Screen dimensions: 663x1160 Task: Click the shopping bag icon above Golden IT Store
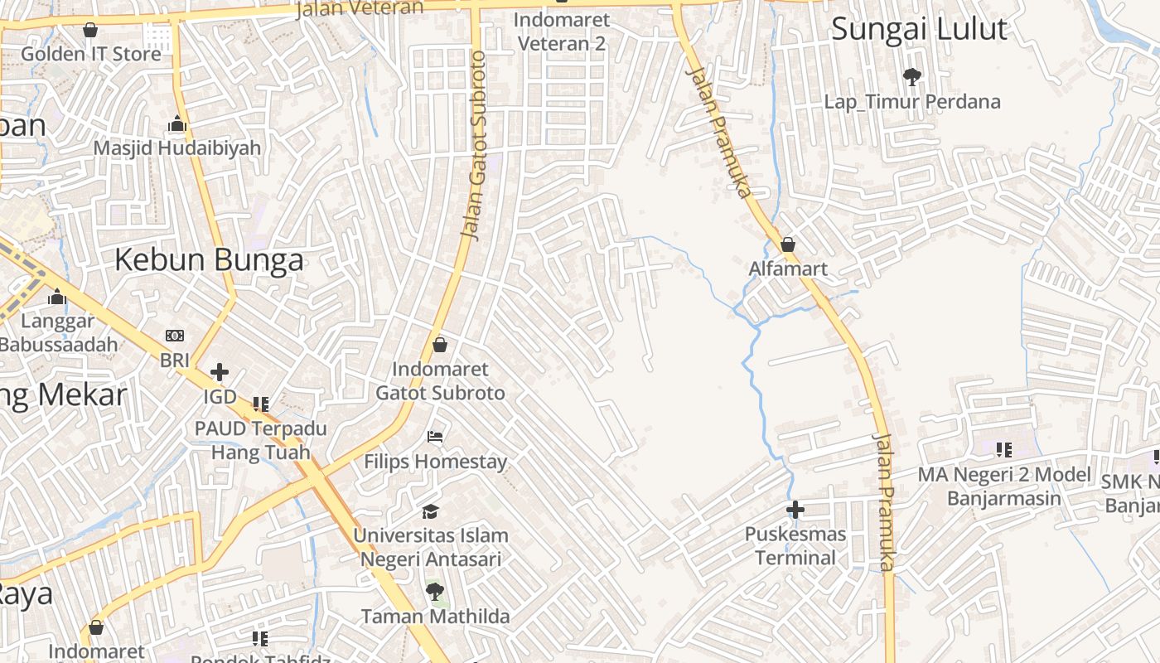(90, 30)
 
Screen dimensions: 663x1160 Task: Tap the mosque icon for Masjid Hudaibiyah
(176, 124)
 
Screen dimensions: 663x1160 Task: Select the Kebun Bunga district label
(209, 260)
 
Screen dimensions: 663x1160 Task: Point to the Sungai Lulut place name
(919, 29)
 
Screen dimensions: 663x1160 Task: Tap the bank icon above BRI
(175, 336)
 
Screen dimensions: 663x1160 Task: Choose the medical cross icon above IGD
(220, 372)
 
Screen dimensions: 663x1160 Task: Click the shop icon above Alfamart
(788, 244)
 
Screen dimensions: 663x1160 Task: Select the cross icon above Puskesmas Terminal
(795, 509)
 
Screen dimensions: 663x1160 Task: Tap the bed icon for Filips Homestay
(435, 436)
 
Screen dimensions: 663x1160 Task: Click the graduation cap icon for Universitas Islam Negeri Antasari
(430, 511)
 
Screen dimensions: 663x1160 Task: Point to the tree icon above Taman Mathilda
(434, 592)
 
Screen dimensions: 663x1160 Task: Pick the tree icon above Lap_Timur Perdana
(912, 77)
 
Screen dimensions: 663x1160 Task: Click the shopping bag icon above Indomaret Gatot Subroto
(440, 345)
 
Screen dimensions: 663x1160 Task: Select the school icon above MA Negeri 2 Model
(1004, 450)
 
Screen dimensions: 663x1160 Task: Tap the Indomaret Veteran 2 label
(561, 31)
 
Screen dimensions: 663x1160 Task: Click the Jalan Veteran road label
(359, 8)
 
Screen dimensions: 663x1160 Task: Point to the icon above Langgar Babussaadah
(57, 297)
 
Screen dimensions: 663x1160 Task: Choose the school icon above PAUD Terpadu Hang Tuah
(261, 404)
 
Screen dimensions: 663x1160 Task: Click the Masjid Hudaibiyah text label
(176, 148)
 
